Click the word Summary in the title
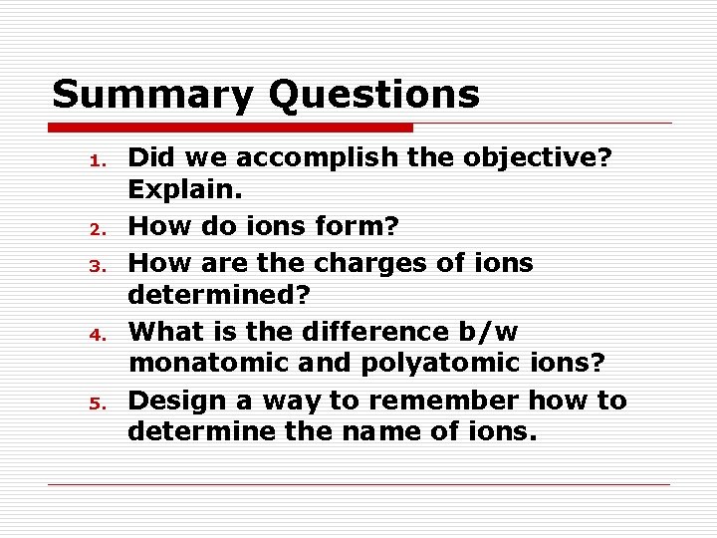pyautogui.click(x=151, y=96)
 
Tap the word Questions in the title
pyautogui.click(x=373, y=96)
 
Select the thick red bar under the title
pyautogui.click(x=231, y=128)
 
